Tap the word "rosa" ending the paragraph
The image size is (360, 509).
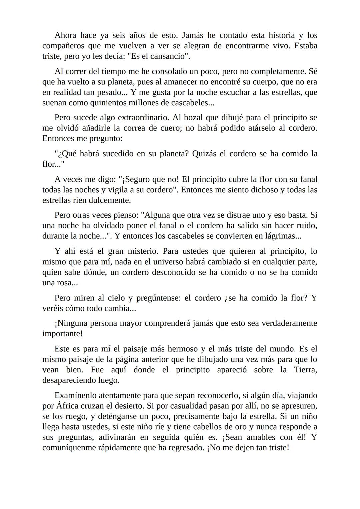62,283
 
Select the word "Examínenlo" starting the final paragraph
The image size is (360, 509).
75,395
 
